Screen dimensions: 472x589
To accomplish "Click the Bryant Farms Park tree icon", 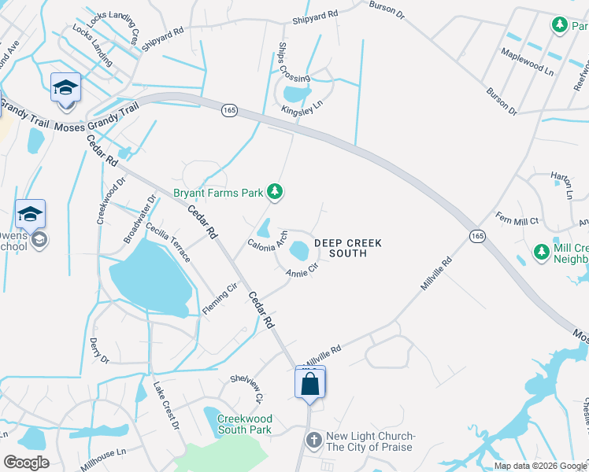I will tap(275, 191).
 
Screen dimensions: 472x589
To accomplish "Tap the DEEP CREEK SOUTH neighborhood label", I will tap(347, 249).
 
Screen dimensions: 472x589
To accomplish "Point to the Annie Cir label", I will tap(302, 271).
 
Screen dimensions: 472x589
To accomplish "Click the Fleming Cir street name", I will tap(220, 300).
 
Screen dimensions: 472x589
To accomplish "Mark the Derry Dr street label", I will tap(99, 350).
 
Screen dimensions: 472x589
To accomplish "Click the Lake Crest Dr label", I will tap(166, 406).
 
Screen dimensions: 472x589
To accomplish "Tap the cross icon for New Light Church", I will tap(313, 438).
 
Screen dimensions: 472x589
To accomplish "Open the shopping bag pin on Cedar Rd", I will tap(310, 385).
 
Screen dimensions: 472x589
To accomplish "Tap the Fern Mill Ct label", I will tap(516, 218).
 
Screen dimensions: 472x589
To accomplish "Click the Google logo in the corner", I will tap(27, 463).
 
